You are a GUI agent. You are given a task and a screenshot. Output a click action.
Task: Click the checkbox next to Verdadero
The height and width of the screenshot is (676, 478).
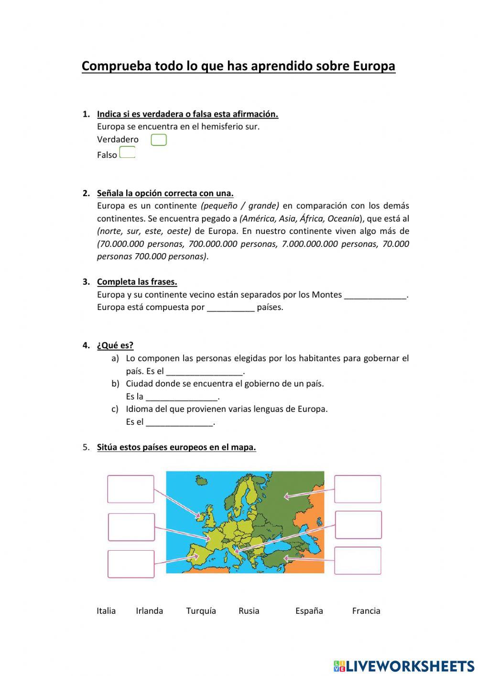pyautogui.click(x=158, y=140)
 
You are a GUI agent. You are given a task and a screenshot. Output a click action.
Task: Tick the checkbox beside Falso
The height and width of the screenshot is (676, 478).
pyautogui.click(x=127, y=153)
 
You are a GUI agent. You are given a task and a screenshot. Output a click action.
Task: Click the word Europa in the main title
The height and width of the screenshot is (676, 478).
pyautogui.click(x=374, y=66)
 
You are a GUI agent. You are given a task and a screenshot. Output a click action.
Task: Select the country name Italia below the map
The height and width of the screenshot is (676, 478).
pyautogui.click(x=106, y=611)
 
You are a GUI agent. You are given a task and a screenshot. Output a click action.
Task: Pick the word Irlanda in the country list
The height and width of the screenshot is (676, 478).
pyautogui.click(x=149, y=611)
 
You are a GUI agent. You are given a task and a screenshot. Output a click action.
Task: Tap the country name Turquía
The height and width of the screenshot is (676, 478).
pyautogui.click(x=201, y=611)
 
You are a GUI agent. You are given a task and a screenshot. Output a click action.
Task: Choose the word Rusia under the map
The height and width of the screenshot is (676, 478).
pyautogui.click(x=249, y=611)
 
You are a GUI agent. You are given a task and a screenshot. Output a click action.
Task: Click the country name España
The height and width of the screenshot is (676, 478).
pyautogui.click(x=309, y=611)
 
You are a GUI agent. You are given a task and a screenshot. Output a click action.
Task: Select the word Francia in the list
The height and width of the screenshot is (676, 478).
pyautogui.click(x=366, y=611)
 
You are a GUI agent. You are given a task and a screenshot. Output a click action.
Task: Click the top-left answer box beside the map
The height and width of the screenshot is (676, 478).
pyautogui.click(x=130, y=489)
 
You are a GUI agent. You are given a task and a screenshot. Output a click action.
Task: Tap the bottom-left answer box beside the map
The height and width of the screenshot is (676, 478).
pyautogui.click(x=131, y=564)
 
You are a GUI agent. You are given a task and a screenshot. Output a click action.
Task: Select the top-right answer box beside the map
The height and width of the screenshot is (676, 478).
pyautogui.click(x=358, y=489)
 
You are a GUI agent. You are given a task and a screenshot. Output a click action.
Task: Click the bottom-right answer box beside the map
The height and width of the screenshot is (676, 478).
pyautogui.click(x=358, y=560)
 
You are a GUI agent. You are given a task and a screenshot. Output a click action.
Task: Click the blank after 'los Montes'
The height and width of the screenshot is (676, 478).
pyautogui.click(x=375, y=295)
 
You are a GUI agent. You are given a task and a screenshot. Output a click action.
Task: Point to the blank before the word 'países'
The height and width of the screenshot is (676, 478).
pyautogui.click(x=230, y=308)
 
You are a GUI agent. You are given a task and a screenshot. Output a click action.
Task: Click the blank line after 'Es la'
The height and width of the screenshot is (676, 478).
pyautogui.click(x=182, y=397)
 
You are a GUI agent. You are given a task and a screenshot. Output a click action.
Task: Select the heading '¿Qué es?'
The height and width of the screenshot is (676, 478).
pyautogui.click(x=115, y=345)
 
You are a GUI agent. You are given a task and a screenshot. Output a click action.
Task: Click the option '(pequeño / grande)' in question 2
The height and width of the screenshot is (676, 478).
pyautogui.click(x=240, y=206)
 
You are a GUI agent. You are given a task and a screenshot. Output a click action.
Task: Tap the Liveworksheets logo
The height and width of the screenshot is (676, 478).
pyautogui.click(x=404, y=665)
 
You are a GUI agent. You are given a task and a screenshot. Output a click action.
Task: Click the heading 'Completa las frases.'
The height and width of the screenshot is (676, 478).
pyautogui.click(x=137, y=282)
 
